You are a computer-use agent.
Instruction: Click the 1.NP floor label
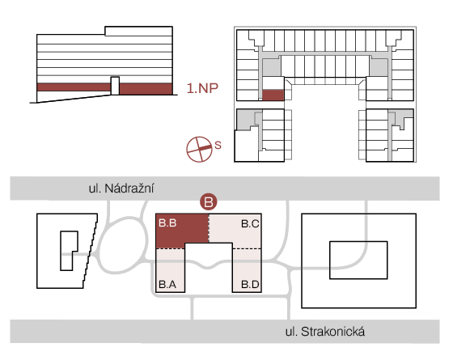pyautogui.click(x=202, y=88)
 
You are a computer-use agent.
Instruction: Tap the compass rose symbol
pyautogui.click(x=199, y=149)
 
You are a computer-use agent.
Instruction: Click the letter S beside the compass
pyautogui.click(x=218, y=145)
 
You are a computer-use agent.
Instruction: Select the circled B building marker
pyautogui.click(x=209, y=201)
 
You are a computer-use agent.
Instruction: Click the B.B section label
pyautogui.click(x=167, y=223)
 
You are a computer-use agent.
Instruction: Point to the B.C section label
pyautogui.click(x=250, y=223)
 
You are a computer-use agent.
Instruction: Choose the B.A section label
pyautogui.click(x=167, y=285)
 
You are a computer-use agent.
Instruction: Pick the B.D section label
pyautogui.click(x=250, y=285)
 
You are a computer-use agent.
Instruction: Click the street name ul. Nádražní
pyautogui.click(x=121, y=188)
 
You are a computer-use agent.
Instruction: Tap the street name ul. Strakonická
pyautogui.click(x=325, y=332)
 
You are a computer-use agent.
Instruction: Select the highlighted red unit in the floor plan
pyautogui.click(x=273, y=95)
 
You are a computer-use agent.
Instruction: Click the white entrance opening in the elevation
pyautogui.click(x=115, y=86)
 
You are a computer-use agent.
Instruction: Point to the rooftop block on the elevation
pyautogui.click(x=138, y=31)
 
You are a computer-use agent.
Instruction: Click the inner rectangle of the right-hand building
pyautogui.click(x=358, y=241)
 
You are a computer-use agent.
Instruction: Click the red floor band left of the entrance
pyautogui.click(x=74, y=87)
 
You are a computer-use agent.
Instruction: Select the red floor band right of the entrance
pyautogui.click(x=146, y=89)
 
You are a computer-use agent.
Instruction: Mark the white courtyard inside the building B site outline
pyautogui.click(x=209, y=267)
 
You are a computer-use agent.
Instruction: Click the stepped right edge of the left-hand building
pyautogui.click(x=91, y=251)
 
